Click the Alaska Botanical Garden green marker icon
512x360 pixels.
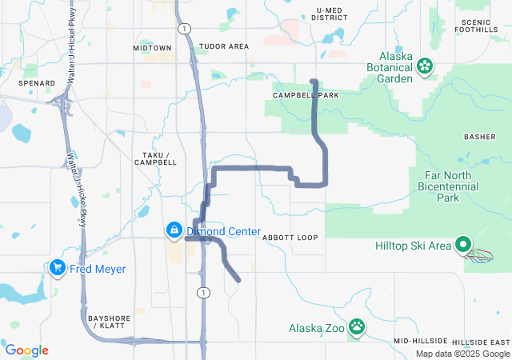pyautogui.click(x=426, y=65)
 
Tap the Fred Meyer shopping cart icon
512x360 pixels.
pyautogui.click(x=57, y=268)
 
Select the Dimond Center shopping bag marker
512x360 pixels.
pyautogui.click(x=173, y=231)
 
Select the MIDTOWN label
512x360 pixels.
pyautogui.click(x=152, y=48)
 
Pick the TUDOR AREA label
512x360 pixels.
pyautogui.click(x=224, y=47)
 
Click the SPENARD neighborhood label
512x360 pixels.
pyautogui.click(x=38, y=83)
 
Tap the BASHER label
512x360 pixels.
pyautogui.click(x=480, y=137)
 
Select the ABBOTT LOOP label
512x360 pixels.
pyautogui.click(x=290, y=238)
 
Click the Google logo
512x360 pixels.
pyautogui.click(x=27, y=350)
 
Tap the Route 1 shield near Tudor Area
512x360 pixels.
pyautogui.click(x=186, y=28)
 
